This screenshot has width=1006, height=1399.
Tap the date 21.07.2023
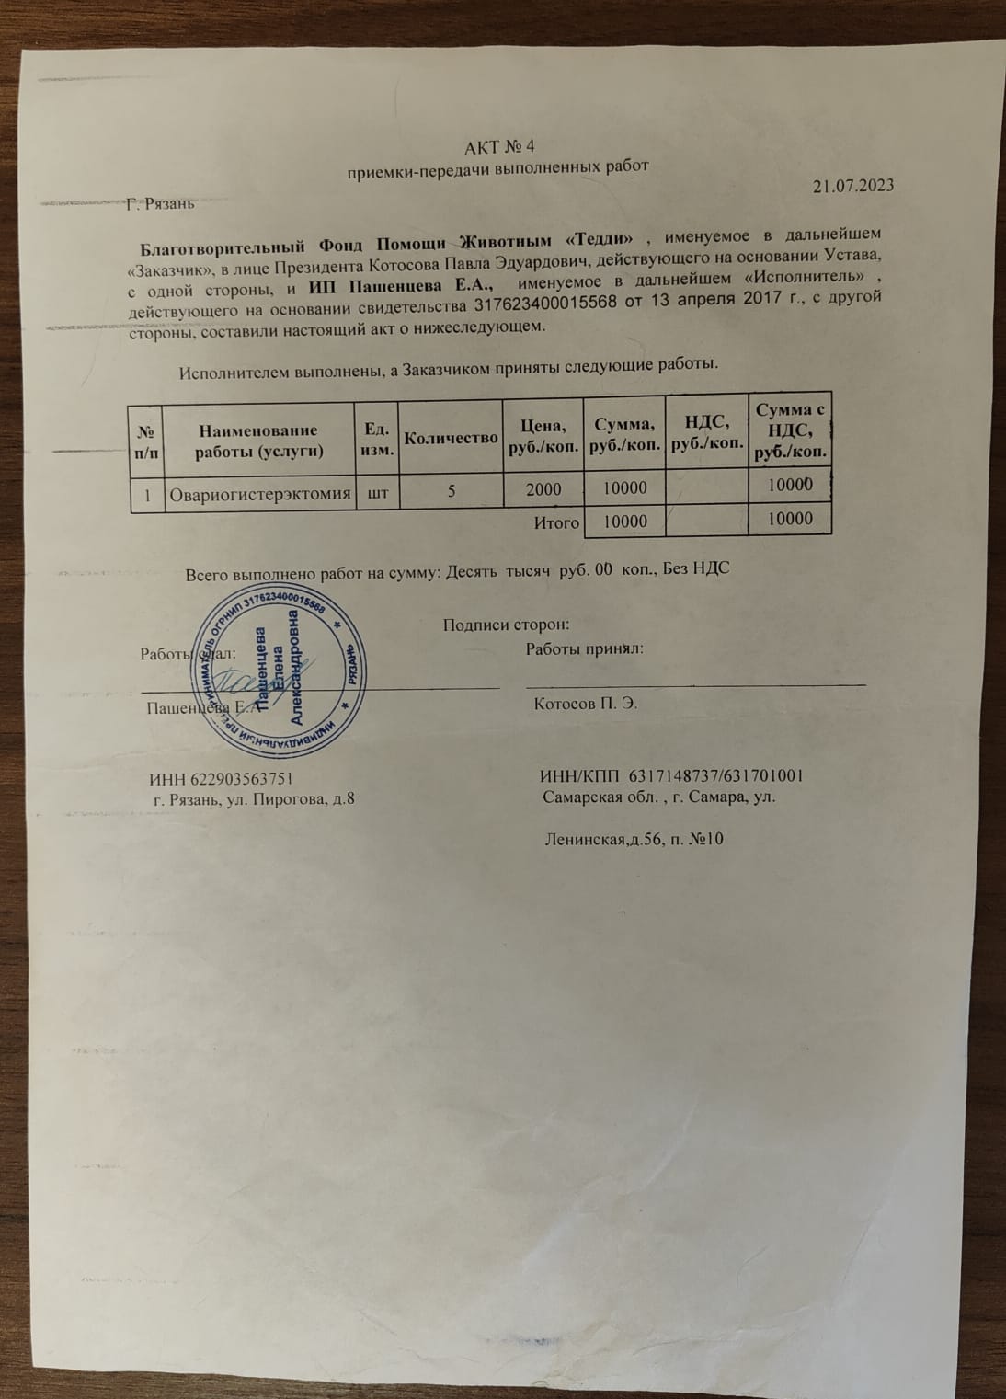(x=853, y=186)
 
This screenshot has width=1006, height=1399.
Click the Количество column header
(x=452, y=438)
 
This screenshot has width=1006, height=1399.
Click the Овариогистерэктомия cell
(x=261, y=494)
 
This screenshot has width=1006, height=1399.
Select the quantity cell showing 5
(x=452, y=491)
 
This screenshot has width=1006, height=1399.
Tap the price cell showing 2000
(x=543, y=489)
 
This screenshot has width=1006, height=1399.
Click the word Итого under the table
(x=556, y=522)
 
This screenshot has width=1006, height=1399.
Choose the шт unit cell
(x=376, y=492)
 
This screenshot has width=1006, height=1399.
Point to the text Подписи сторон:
(x=507, y=625)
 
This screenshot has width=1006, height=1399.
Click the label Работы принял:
(x=584, y=648)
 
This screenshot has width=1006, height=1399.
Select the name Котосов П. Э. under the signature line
(x=586, y=704)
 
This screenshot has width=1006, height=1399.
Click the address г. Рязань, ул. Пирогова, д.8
(x=255, y=797)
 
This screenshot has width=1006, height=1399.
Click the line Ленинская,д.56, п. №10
(x=634, y=838)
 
